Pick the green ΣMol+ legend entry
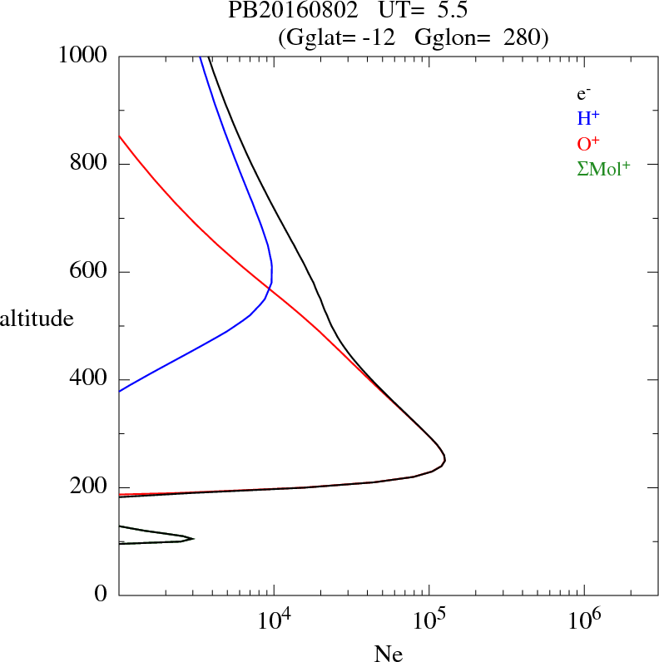603,168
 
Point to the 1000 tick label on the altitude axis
84,56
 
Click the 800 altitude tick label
89,164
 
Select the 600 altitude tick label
89,272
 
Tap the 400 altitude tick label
89,379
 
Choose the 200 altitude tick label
89,487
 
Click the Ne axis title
388,654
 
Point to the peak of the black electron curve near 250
445,458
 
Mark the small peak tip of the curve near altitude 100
193,539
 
